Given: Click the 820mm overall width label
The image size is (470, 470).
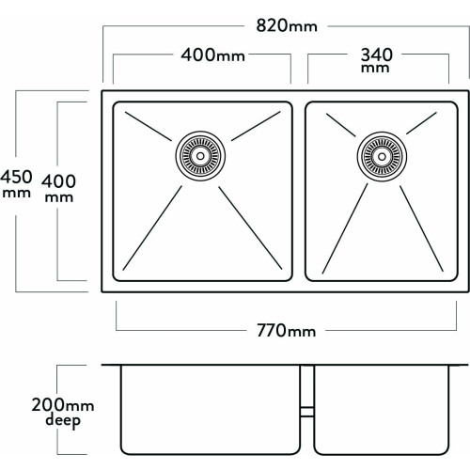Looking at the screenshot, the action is coord(287,25).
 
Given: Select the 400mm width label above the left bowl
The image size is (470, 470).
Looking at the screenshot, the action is coord(212,55).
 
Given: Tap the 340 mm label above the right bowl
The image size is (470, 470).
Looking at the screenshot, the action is coord(376,60).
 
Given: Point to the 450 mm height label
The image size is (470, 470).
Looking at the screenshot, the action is coord(16,184).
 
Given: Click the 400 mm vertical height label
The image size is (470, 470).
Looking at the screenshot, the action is coord(58,188).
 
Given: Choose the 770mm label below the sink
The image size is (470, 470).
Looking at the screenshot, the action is coord(286,331).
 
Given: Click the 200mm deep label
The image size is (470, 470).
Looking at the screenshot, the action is coord(63,413).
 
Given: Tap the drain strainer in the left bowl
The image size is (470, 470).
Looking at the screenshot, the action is coord(200,156).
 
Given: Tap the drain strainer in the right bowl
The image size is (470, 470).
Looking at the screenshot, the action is coord(382,157).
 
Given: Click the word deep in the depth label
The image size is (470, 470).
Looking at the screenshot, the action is coord(63,421).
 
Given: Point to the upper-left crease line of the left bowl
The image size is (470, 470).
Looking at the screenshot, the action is coord(149,126).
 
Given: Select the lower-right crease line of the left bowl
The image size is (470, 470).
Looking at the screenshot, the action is coord(250,227).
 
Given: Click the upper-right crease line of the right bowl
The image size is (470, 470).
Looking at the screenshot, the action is coord(421,123).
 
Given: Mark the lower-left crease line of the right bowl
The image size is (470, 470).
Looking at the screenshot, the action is coord(345,228).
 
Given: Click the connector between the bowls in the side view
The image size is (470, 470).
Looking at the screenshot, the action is coord(307,412).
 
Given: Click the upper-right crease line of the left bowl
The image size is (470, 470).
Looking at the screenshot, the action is coord(256,126).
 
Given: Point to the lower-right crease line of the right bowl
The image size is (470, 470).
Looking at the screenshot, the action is coord(421,228).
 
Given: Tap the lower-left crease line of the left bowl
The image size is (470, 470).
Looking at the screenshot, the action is coord(152,227).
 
